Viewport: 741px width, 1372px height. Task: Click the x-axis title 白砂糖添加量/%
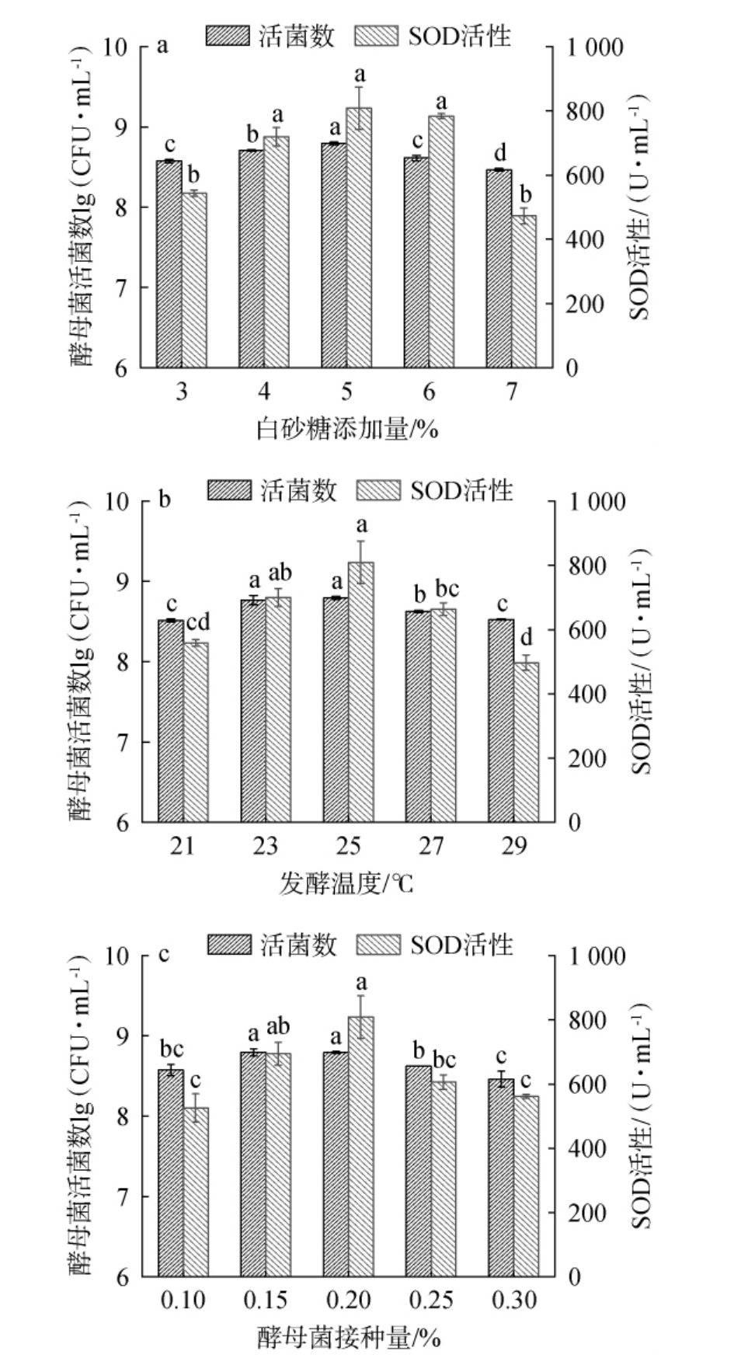[347, 429]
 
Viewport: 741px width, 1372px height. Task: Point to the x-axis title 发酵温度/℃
[347, 883]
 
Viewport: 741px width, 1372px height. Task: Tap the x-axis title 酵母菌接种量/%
[347, 1338]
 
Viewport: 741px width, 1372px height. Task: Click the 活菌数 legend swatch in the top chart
[228, 36]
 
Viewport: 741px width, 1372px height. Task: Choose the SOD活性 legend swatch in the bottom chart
[378, 945]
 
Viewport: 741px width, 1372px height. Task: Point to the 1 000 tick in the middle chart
[596, 502]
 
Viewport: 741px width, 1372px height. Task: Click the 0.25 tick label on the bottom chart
[432, 1300]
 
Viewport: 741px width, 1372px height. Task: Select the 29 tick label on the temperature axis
[513, 845]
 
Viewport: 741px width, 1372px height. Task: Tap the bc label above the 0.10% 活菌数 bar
[172, 1048]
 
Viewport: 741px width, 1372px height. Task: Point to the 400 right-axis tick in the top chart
[584, 239]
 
